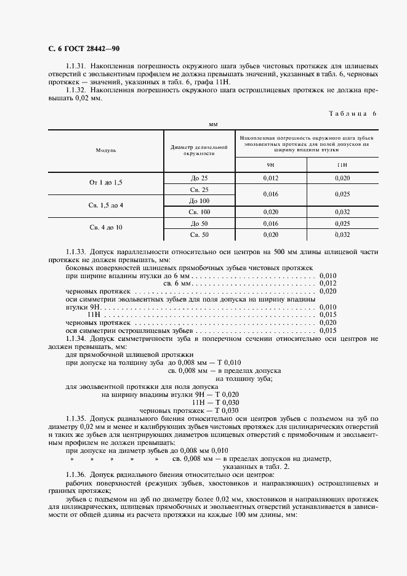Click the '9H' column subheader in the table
270,165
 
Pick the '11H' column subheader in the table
342,165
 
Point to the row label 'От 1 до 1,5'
106,183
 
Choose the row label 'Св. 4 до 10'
106,228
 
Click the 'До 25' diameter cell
199,178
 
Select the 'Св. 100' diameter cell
199,212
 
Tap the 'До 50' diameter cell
199,223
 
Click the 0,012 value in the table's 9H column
270,178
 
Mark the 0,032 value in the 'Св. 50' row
342,234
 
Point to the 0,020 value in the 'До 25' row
342,178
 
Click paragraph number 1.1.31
76,65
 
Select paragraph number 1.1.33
76,252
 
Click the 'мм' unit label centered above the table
213,124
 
